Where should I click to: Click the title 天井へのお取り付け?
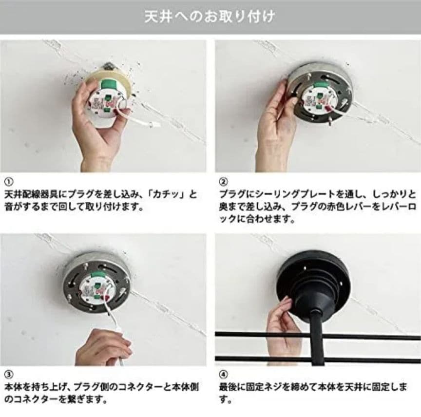pos(210,17)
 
